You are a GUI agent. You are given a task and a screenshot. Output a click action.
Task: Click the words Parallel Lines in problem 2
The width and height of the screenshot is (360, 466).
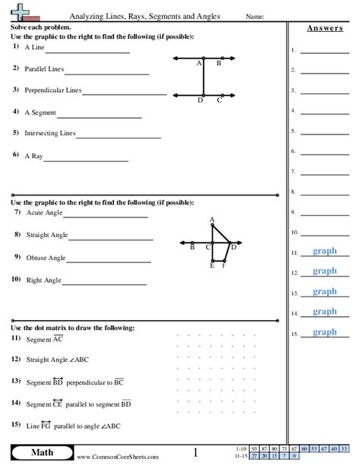pos(44,69)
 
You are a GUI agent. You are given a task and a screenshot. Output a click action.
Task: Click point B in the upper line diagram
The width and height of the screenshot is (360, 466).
pos(219,64)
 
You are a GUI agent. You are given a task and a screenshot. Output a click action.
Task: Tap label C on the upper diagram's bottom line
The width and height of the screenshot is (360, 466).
pos(219,100)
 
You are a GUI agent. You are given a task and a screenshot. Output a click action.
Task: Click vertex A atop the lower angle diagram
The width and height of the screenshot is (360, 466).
pos(213,220)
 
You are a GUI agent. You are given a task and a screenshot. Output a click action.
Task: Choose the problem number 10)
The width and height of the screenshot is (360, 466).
pos(16,279)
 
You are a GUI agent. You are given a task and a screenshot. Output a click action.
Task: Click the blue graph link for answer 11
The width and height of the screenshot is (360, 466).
pos(324,252)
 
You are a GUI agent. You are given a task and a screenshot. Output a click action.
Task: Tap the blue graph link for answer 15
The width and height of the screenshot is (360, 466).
pos(324,332)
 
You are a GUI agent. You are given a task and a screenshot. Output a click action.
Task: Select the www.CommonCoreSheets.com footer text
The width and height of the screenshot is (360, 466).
pos(107,457)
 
